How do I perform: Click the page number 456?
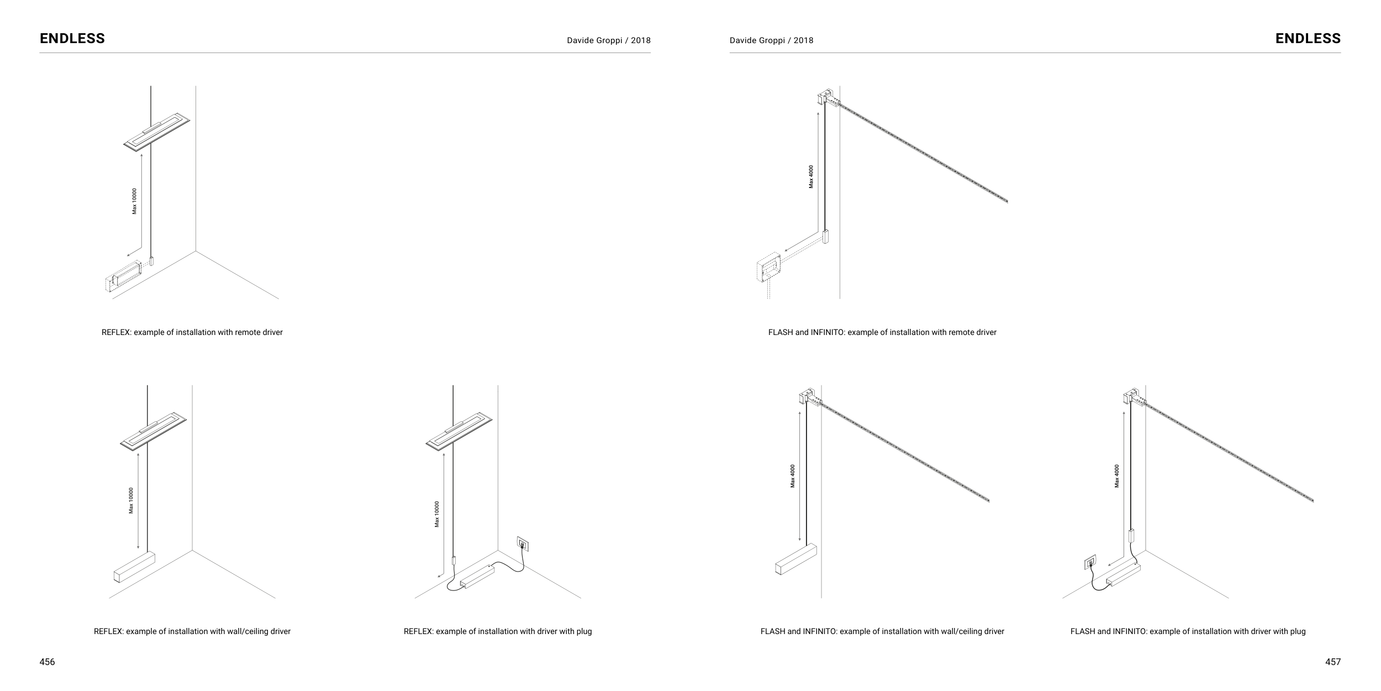(47, 662)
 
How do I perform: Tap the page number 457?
(1333, 662)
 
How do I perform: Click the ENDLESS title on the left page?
(72, 38)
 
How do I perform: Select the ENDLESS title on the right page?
(1308, 38)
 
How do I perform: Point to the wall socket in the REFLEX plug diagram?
(523, 544)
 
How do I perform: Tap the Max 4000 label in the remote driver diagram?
(811, 176)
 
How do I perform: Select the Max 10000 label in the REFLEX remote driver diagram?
(134, 201)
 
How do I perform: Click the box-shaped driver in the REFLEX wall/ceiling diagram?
(134, 568)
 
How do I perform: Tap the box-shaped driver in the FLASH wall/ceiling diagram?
(795, 559)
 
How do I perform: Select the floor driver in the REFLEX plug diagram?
(477, 576)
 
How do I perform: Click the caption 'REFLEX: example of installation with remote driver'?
(192, 332)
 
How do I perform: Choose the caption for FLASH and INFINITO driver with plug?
(1188, 631)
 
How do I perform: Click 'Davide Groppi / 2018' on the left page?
(608, 40)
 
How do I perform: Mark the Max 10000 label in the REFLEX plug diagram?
(437, 514)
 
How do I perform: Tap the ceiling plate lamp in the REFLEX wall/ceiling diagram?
(153, 431)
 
